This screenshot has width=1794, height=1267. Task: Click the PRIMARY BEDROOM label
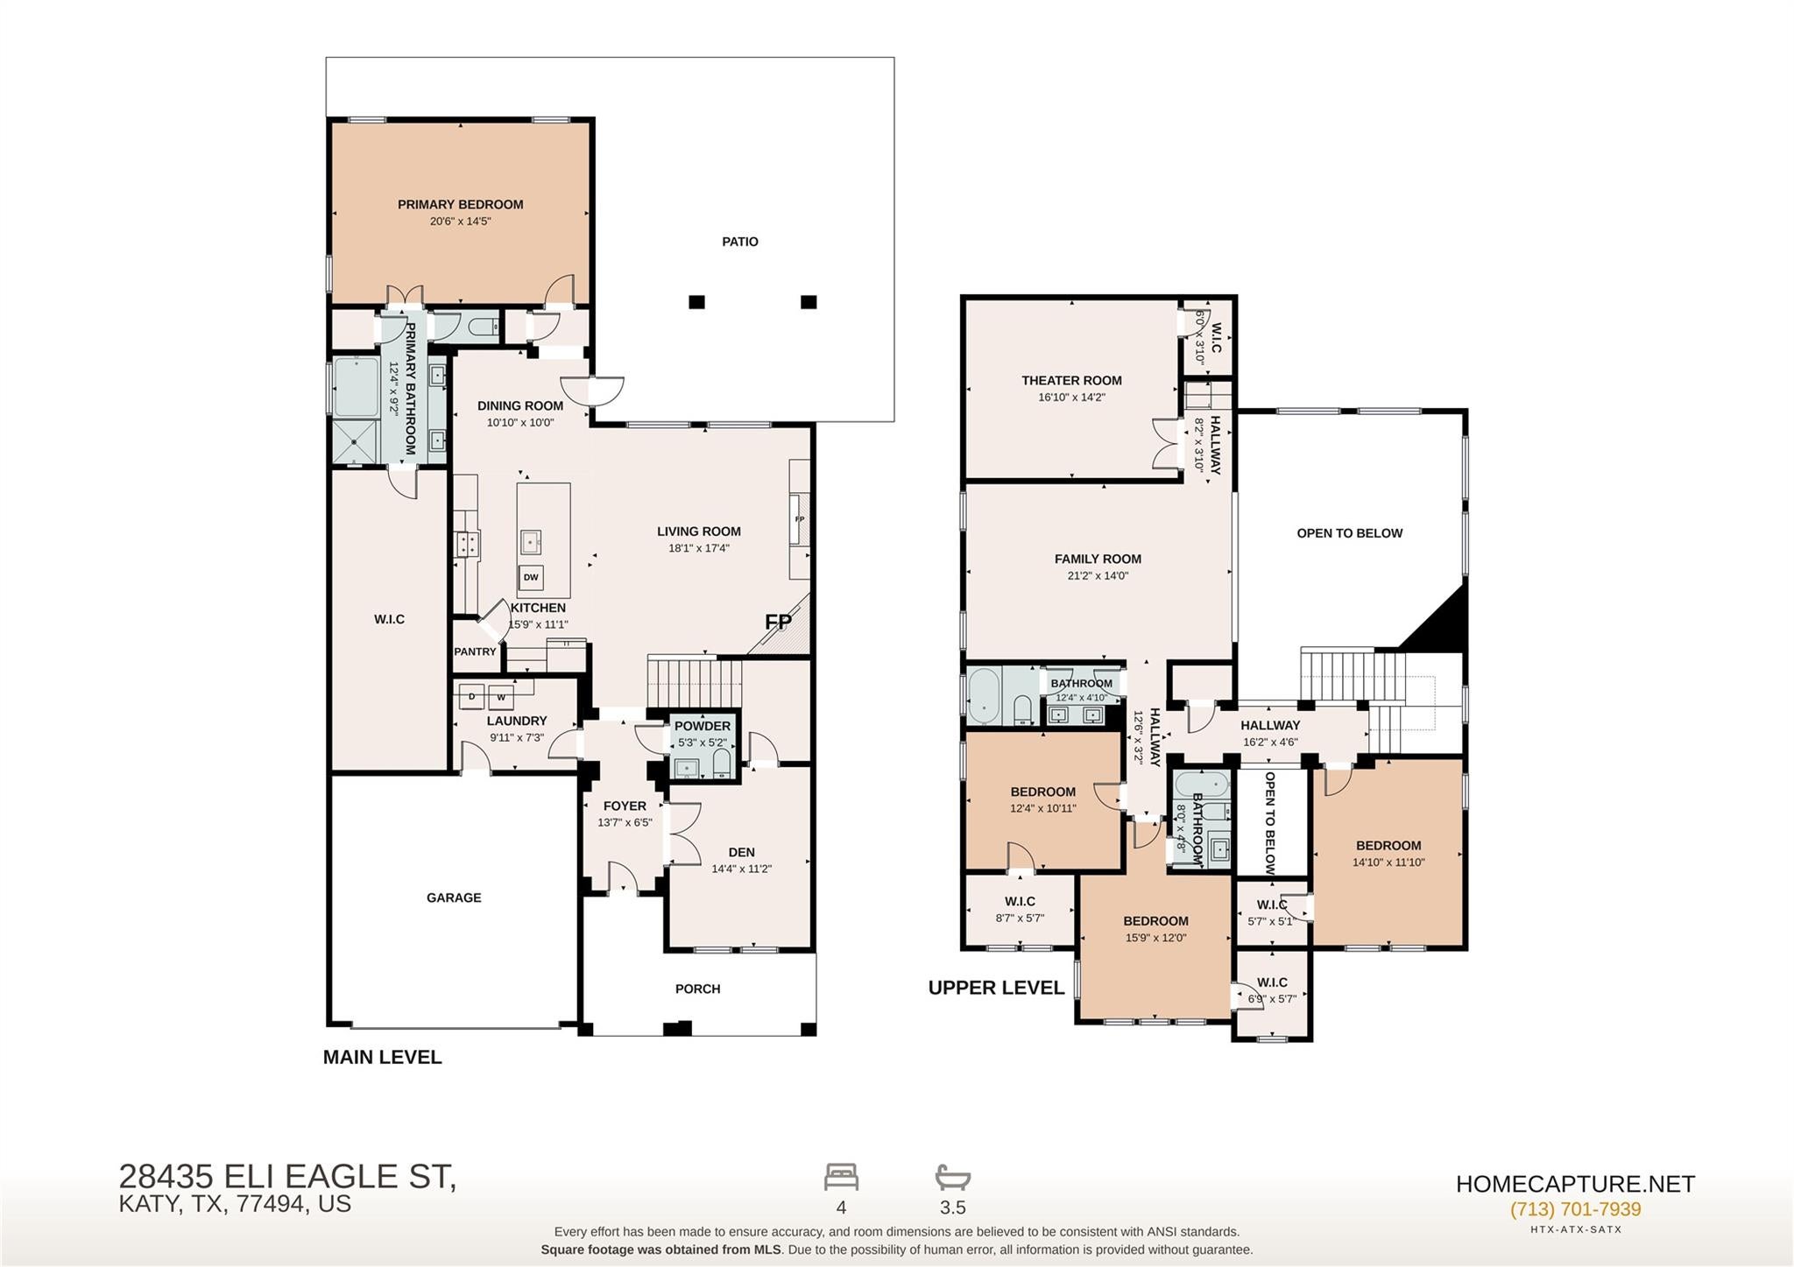(460, 205)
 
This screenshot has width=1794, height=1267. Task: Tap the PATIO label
(740, 242)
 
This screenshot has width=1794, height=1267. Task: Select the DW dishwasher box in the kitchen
(531, 577)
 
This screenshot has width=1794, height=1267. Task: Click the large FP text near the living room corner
(778, 623)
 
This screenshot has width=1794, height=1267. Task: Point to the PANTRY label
(475, 651)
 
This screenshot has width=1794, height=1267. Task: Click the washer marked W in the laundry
(501, 697)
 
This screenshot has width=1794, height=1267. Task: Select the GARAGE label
(454, 897)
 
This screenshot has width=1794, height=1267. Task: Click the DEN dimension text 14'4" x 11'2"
(741, 869)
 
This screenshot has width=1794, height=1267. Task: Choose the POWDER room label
(703, 726)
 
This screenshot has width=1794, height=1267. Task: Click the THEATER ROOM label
(1071, 381)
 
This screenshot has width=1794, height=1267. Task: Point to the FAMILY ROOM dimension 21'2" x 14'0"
(1098, 576)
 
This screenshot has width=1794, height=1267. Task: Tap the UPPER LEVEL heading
(996, 988)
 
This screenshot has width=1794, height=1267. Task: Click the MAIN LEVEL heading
(382, 1057)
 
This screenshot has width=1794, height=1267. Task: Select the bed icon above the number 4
(841, 1177)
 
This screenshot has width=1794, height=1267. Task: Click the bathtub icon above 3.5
(953, 1177)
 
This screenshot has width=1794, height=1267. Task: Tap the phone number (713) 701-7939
(1575, 1209)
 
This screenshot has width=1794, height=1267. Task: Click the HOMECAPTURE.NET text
(1575, 1184)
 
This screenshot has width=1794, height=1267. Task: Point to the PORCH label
(698, 989)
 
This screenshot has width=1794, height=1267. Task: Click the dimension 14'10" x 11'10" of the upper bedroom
(1388, 862)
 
